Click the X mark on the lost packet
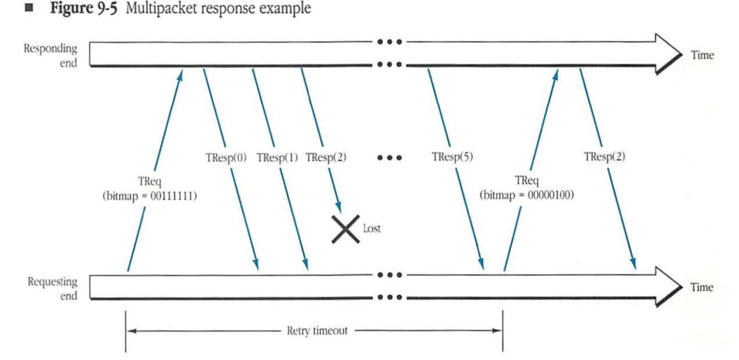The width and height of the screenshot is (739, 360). (x=345, y=229)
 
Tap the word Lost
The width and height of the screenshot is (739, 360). (x=371, y=229)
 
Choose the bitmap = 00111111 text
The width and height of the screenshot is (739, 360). (x=150, y=197)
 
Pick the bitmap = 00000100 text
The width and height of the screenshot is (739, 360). (x=526, y=196)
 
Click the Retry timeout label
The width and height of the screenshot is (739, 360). (x=317, y=331)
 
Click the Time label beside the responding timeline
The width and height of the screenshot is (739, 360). (x=701, y=55)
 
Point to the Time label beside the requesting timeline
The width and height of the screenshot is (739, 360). (x=701, y=287)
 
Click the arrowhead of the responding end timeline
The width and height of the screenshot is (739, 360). (x=665, y=53)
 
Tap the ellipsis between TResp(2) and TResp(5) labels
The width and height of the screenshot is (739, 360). (x=389, y=158)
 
